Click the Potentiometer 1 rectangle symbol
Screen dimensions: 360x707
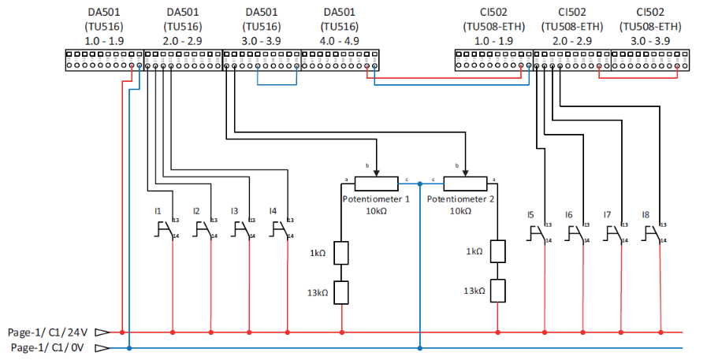pyautogui.click(x=376, y=184)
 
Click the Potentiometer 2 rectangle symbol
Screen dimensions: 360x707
pyautogui.click(x=465, y=184)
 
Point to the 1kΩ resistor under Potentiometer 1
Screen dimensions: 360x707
pyautogui.click(x=341, y=252)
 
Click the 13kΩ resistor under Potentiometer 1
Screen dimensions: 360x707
pyautogui.click(x=341, y=291)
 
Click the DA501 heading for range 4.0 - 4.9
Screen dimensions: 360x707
pyautogui.click(x=340, y=12)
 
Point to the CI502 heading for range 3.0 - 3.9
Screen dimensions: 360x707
pyautogui.click(x=650, y=12)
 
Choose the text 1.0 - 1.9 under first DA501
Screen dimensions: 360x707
pyautogui.click(x=106, y=39)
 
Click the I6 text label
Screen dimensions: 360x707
pyautogui.click(x=568, y=214)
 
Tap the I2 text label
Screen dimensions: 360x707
pyautogui.click(x=196, y=211)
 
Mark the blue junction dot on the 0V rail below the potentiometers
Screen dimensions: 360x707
pyautogui.click(x=420, y=347)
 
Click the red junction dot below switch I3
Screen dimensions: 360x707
pyautogui.click(x=248, y=332)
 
